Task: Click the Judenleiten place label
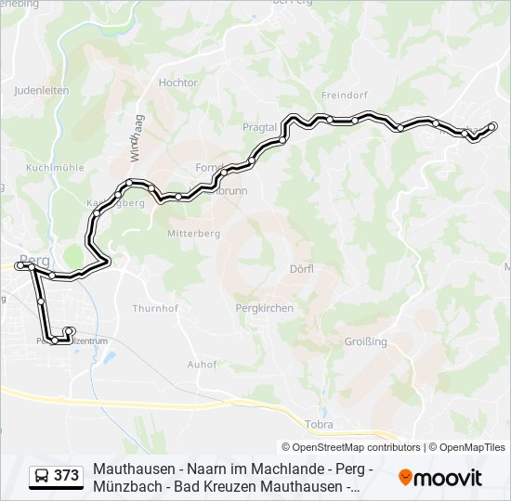(41, 91)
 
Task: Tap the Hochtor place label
(178, 83)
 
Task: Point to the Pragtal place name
(259, 126)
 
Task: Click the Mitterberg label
(193, 234)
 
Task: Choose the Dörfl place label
(302, 268)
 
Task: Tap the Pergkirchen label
(265, 308)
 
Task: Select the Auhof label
(202, 364)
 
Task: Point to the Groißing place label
(365, 341)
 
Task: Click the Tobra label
(319, 424)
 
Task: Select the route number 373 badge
(66, 476)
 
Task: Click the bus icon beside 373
(42, 477)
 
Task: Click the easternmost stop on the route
(494, 126)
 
